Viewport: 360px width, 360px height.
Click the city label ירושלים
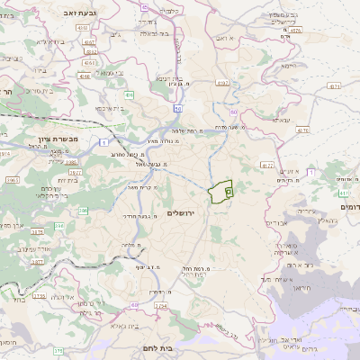tap(182, 212)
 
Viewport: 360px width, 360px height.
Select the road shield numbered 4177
tap(265, 166)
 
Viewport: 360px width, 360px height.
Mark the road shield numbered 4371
tap(335, 86)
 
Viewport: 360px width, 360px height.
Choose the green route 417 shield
tap(345, 193)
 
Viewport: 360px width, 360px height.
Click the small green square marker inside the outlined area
tap(228, 192)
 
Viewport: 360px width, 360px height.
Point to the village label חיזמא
tap(288, 66)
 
